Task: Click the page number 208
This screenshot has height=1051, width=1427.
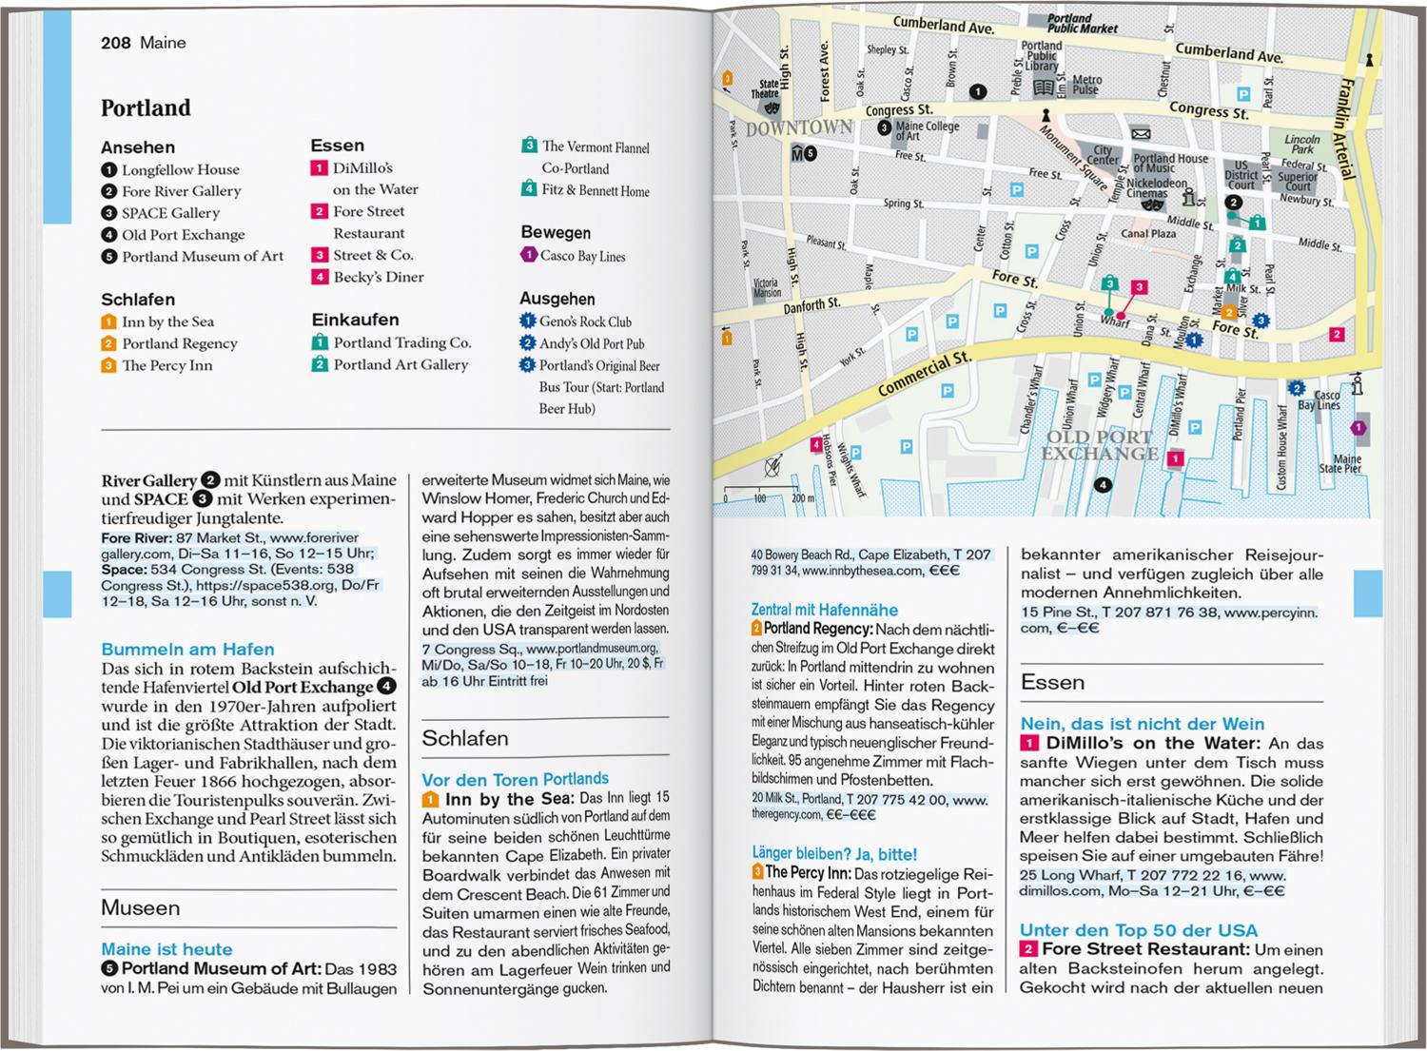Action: click(116, 43)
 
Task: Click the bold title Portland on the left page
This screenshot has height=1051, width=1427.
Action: click(146, 108)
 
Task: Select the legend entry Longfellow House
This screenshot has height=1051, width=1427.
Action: click(180, 170)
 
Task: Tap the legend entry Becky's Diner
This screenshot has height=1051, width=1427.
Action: click(378, 278)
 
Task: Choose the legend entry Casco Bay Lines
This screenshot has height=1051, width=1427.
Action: click(582, 256)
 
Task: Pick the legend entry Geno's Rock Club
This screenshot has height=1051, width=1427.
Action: click(585, 321)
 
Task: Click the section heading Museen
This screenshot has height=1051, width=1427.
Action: click(140, 908)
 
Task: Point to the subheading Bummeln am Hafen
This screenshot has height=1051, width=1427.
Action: click(187, 650)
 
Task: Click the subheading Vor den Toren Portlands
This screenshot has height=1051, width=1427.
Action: click(515, 779)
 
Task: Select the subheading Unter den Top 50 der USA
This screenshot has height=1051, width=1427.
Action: click(1138, 930)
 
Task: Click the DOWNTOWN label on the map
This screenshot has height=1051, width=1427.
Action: click(798, 128)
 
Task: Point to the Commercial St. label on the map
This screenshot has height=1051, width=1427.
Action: click(923, 374)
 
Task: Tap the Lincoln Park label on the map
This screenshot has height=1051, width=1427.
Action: click(1301, 144)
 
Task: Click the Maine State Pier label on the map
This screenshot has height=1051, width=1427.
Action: click(1340, 463)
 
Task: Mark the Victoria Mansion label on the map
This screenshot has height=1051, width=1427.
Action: click(766, 287)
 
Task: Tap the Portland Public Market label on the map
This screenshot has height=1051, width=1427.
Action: click(1069, 24)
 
